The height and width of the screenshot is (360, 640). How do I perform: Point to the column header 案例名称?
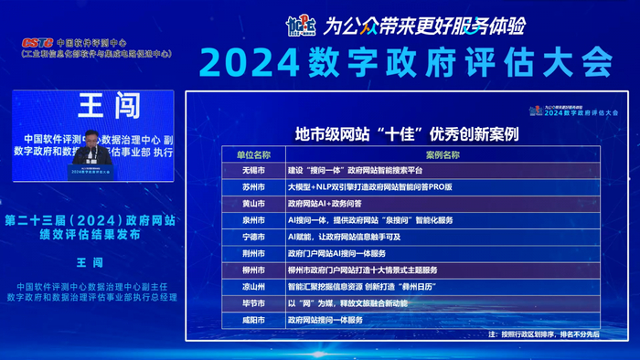pyautogui.click(x=443, y=155)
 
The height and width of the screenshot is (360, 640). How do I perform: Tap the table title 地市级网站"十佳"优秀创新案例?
pyautogui.click(x=407, y=133)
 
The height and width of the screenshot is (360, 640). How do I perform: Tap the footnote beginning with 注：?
pyautogui.click(x=541, y=334)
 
